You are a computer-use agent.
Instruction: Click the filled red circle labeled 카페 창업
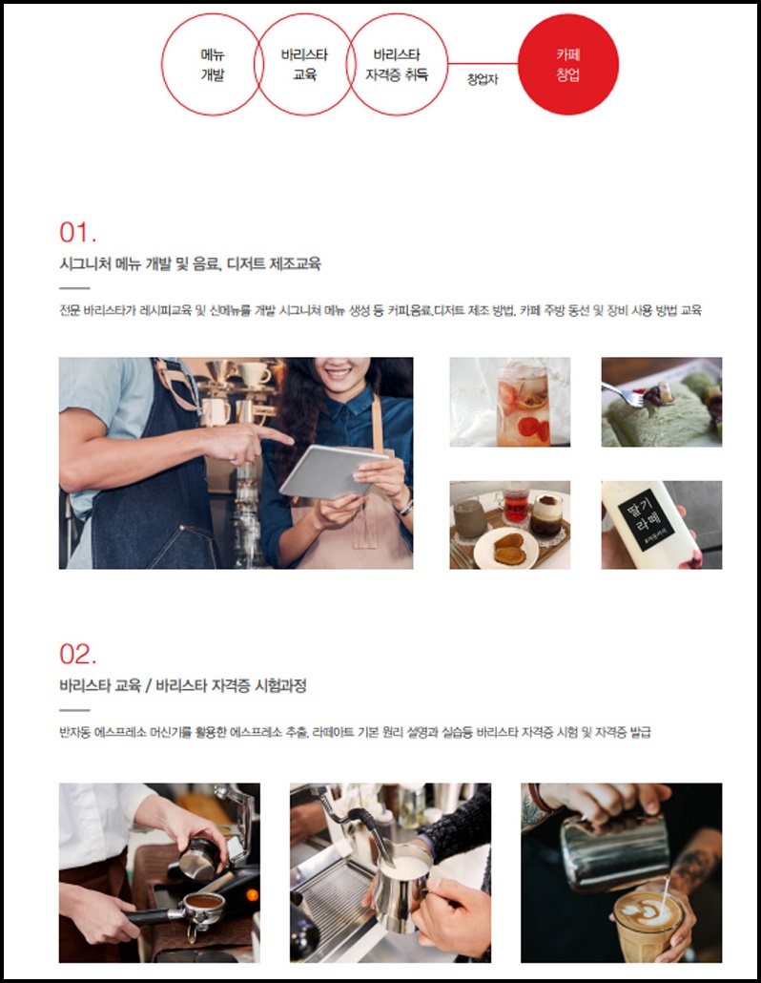[568, 65]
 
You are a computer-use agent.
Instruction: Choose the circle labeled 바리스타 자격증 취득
[447, 65]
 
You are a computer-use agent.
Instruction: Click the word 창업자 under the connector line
[483, 79]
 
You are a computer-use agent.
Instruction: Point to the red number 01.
[77, 232]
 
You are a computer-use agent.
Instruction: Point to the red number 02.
[77, 654]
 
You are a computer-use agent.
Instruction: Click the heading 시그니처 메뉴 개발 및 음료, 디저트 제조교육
[190, 264]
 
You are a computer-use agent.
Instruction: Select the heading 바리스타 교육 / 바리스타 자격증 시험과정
[183, 686]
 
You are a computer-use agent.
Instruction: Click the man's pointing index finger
[275, 434]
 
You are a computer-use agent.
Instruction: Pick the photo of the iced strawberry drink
[510, 402]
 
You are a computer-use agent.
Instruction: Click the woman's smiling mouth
[339, 373]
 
